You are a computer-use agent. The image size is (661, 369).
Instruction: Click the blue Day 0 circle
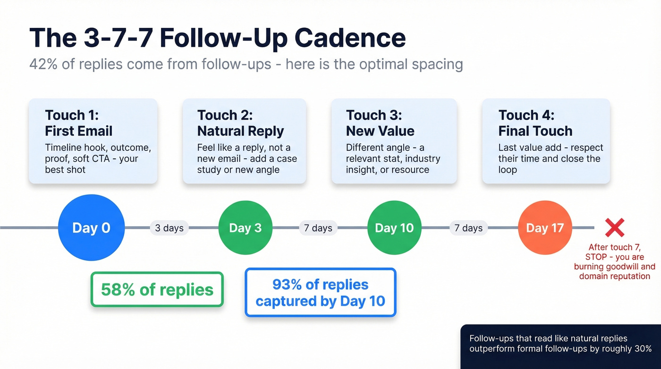point(91,228)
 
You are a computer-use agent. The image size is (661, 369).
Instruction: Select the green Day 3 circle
point(245,228)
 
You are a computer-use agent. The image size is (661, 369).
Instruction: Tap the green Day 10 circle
point(394,228)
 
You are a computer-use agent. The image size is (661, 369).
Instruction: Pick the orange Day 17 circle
point(544,228)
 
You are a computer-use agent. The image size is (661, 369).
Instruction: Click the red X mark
point(614,228)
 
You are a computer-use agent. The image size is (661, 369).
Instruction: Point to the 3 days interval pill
point(169,228)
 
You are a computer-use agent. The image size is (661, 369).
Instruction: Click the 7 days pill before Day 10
point(318,228)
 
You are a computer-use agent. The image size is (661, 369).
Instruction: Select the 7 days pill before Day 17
point(468,228)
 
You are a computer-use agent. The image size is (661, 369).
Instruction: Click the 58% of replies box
point(157,290)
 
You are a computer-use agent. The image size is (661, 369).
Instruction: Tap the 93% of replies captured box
point(320,292)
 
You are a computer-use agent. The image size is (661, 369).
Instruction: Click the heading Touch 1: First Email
point(79,123)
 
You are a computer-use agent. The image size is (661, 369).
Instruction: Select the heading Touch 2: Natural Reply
point(240,123)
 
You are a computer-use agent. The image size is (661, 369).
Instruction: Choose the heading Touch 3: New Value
point(380,123)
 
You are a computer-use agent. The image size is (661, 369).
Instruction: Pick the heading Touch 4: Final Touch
point(535,123)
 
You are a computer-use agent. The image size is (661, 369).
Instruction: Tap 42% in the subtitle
point(44,63)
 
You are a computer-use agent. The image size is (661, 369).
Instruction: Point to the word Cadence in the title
point(351,38)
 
